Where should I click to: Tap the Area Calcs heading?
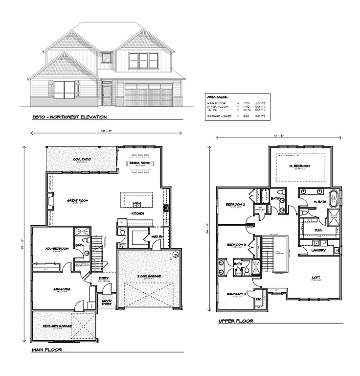tap(216, 97)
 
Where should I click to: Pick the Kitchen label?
tap(137, 214)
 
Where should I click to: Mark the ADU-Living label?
tap(62, 289)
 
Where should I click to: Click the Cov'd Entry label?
tap(107, 302)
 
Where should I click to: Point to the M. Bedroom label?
tap(299, 166)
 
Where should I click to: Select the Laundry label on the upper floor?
tap(318, 251)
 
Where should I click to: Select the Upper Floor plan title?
tap(236, 321)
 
